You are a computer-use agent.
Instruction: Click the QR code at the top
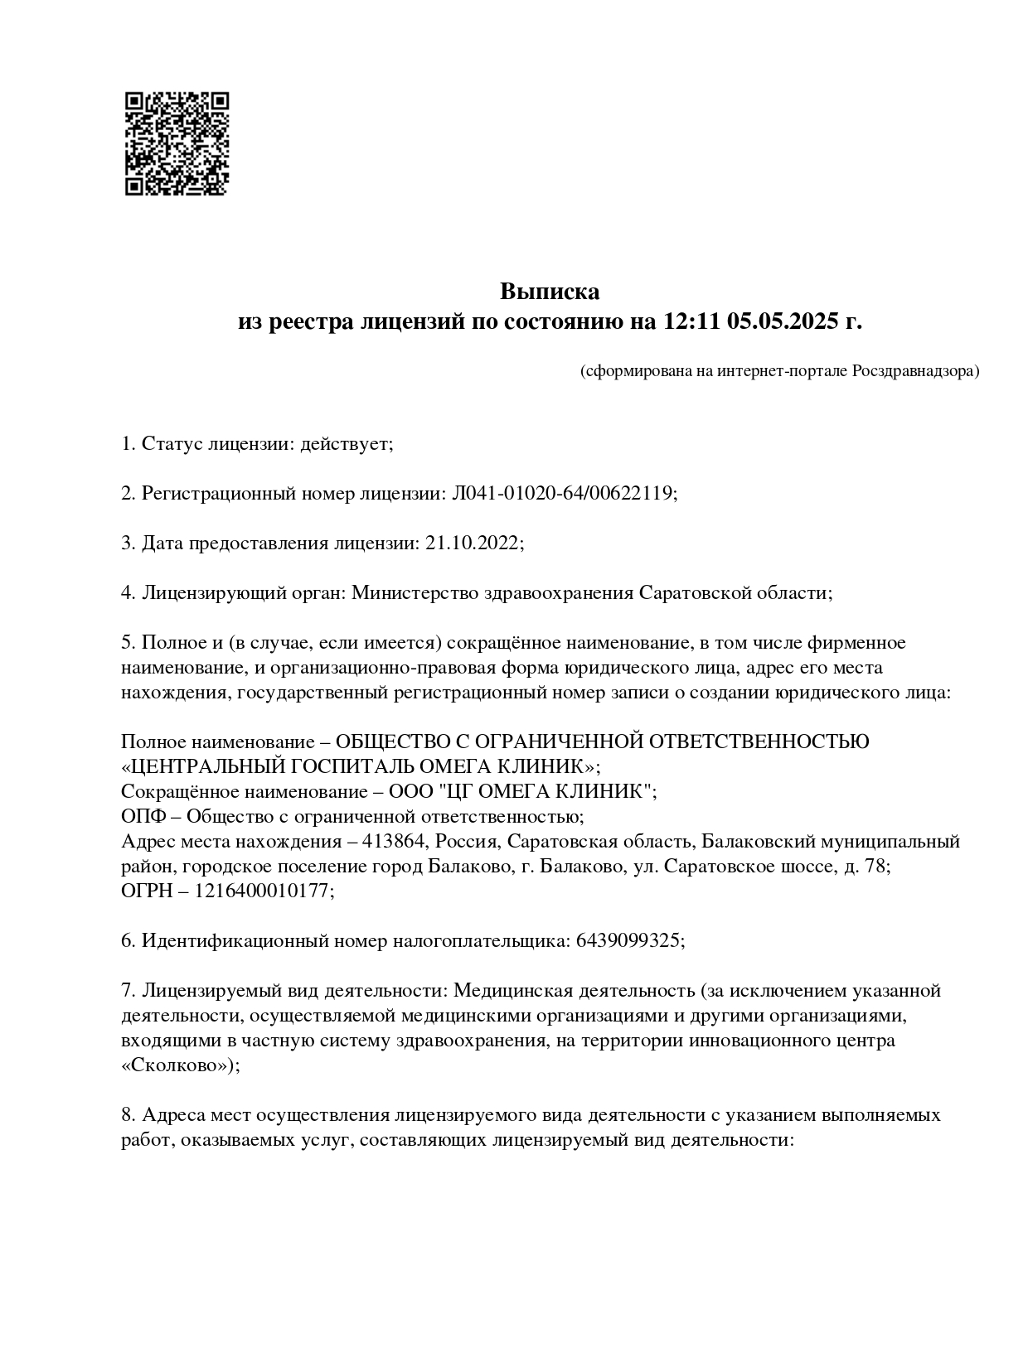177,143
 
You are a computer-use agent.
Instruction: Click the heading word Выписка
549,292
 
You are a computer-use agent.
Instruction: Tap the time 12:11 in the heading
691,321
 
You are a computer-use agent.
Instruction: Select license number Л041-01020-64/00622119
563,494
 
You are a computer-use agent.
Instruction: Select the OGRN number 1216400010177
264,891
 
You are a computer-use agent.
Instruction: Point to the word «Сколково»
178,1065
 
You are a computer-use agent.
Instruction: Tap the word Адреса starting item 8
174,1115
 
